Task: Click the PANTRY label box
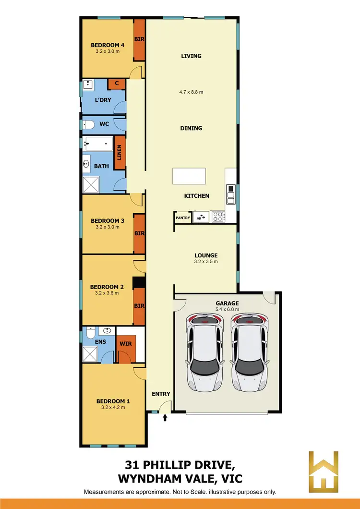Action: coord(183,218)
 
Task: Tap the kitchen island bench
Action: coord(189,176)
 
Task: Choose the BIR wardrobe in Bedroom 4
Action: coord(139,40)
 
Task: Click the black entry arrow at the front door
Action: coord(165,418)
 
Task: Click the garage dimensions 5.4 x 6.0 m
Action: coord(228,309)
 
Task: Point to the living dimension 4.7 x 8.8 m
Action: coord(191,92)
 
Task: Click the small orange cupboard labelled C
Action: coord(117,84)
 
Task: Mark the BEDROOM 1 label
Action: coord(113,401)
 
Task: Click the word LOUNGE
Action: coord(206,255)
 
